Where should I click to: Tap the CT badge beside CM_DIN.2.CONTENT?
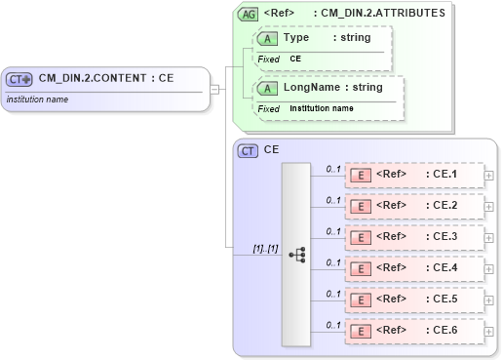[x=19, y=79]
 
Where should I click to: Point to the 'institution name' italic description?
[x=37, y=99]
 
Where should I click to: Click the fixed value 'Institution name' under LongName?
[x=322, y=108]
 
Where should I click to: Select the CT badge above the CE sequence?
[x=248, y=150]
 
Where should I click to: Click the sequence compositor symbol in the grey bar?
[x=296, y=254]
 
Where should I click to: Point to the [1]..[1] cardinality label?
[x=265, y=248]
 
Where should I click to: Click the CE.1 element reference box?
[x=414, y=175]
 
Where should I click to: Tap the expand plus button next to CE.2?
[x=488, y=207]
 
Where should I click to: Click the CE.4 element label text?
[x=444, y=267]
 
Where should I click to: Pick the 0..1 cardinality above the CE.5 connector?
[x=332, y=293]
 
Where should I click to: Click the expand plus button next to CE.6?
[x=488, y=332]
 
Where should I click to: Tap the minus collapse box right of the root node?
[x=213, y=90]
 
